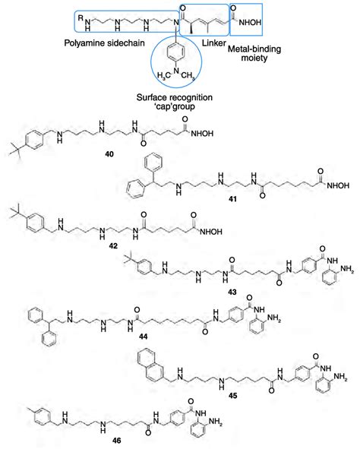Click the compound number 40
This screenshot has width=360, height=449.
pyautogui.click(x=110, y=154)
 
